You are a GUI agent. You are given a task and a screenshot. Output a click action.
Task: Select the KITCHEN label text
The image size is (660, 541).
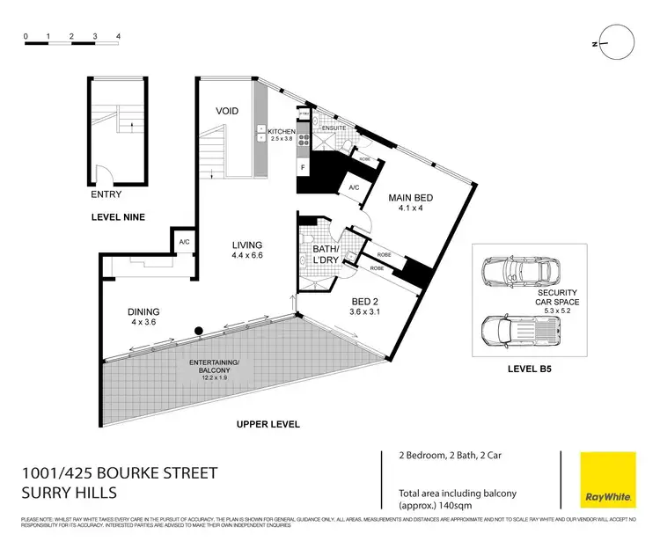tap(282, 132)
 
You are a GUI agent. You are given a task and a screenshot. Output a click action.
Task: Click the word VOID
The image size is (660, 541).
tap(228, 111)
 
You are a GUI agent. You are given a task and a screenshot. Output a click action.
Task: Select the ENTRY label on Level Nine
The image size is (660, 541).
tap(106, 194)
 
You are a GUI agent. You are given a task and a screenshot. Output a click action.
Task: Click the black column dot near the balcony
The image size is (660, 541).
tap(200, 332)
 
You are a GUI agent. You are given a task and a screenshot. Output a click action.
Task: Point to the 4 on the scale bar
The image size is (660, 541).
tap(117, 37)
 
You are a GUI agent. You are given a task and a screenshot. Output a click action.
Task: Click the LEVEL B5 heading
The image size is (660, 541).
tap(526, 370)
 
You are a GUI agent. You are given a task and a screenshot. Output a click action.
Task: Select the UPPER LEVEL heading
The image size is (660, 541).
tap(268, 424)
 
